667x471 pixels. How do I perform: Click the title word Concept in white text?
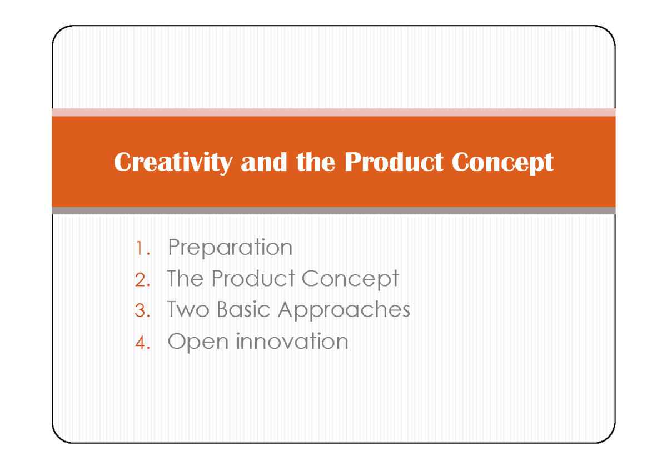(502, 163)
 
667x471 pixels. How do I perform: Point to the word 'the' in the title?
(316, 163)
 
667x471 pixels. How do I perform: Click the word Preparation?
(230, 248)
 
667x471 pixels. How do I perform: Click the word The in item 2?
(186, 279)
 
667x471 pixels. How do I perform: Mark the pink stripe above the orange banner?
(333, 112)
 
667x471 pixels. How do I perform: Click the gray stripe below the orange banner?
(333, 211)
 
